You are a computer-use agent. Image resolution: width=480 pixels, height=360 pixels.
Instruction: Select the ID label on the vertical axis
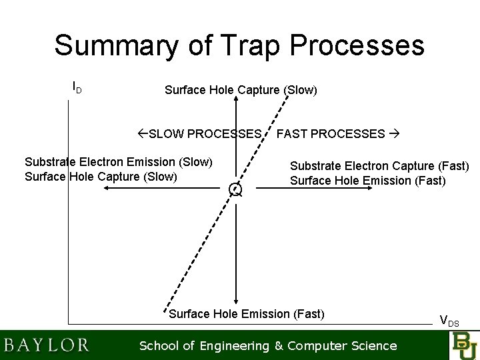[77, 87]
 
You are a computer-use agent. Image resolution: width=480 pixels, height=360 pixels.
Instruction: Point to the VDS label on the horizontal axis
[449, 320]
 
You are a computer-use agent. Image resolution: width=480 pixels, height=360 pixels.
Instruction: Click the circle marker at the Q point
[235, 189]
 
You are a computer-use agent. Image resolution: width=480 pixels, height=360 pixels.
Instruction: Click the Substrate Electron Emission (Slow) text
[118, 162]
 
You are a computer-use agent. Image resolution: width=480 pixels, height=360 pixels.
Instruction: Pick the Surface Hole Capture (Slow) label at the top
[241, 90]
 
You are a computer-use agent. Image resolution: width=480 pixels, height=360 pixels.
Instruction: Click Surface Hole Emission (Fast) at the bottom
[247, 314]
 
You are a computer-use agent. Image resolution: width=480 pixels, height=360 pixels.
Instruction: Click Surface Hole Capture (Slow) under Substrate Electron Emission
[101, 176]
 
